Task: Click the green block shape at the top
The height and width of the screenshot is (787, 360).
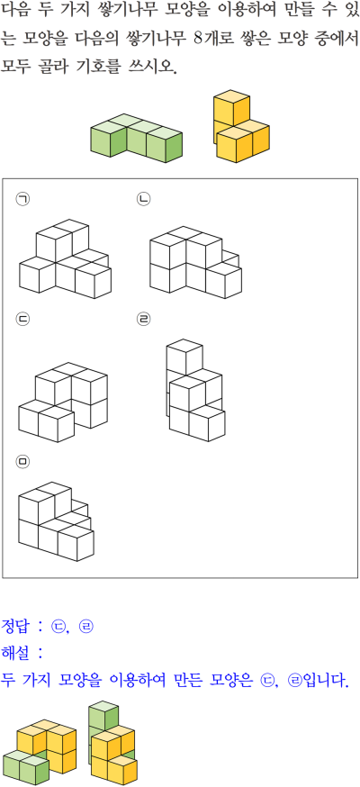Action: click(136, 138)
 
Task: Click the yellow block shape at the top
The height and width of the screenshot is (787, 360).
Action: click(241, 125)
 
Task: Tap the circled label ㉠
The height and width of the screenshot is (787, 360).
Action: click(22, 199)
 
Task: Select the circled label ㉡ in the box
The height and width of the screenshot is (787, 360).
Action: click(143, 199)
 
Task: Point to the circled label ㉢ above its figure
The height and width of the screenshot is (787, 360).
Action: click(22, 319)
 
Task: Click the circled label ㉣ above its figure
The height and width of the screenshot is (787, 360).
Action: click(143, 319)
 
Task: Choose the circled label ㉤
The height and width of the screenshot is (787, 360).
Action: click(22, 462)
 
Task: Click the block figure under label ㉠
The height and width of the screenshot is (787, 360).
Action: click(65, 258)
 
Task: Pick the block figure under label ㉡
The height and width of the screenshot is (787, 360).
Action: click(195, 262)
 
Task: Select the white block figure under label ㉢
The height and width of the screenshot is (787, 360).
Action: click(63, 403)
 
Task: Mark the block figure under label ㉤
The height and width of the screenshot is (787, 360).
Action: click(56, 521)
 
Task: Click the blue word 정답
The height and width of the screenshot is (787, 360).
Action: click(16, 626)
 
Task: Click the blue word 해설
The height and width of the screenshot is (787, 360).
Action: click(16, 653)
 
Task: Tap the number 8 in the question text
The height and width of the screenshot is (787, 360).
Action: click(197, 38)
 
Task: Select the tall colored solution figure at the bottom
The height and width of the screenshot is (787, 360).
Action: click(112, 743)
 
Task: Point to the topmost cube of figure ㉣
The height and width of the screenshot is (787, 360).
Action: click(184, 357)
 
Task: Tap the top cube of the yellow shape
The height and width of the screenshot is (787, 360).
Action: click(231, 105)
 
